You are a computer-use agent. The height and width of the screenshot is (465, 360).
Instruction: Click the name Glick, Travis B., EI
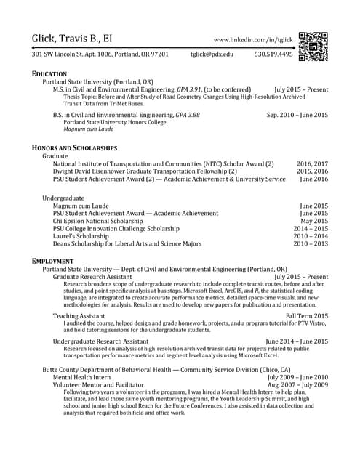(81, 39)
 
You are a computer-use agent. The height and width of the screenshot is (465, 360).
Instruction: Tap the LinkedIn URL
(253, 40)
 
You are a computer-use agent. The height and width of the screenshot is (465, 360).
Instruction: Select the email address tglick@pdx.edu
(212, 54)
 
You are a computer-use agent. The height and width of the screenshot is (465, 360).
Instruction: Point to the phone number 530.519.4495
(273, 54)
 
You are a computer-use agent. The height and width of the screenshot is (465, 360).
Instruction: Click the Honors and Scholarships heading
(74, 147)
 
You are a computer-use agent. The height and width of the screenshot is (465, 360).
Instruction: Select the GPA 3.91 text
(192, 89)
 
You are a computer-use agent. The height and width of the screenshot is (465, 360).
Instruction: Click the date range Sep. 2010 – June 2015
(297, 115)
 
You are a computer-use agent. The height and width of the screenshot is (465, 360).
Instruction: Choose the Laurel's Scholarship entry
(83, 236)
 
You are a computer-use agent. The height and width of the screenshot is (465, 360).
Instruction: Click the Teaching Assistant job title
(79, 316)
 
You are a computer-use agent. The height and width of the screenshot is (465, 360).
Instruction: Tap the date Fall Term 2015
(307, 316)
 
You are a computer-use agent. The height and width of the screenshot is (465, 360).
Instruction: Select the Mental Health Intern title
(82, 377)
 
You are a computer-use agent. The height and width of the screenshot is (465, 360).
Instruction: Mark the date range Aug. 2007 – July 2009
(298, 385)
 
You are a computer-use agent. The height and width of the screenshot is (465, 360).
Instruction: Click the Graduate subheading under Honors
(55, 156)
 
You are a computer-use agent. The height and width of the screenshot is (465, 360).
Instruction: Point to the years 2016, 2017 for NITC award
(312, 164)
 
